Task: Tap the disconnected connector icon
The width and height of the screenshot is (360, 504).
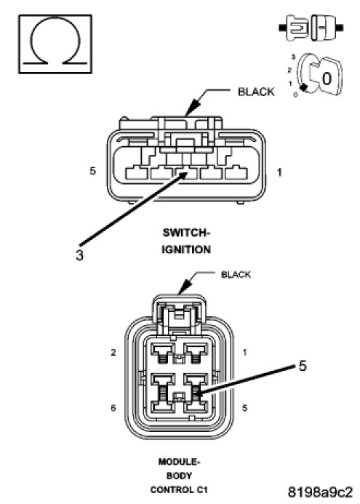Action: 311,28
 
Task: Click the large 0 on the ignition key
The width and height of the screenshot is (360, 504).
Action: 327,79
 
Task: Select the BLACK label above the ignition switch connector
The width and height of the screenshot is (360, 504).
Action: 256,92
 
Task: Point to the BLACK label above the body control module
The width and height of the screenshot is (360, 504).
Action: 236,274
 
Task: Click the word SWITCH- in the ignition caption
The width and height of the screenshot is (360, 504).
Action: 186,233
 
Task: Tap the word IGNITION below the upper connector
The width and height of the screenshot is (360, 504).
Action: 186,249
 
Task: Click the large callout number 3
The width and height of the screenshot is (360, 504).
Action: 79,255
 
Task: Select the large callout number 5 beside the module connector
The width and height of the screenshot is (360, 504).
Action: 303,366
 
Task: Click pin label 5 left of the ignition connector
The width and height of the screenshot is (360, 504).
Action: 92,171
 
